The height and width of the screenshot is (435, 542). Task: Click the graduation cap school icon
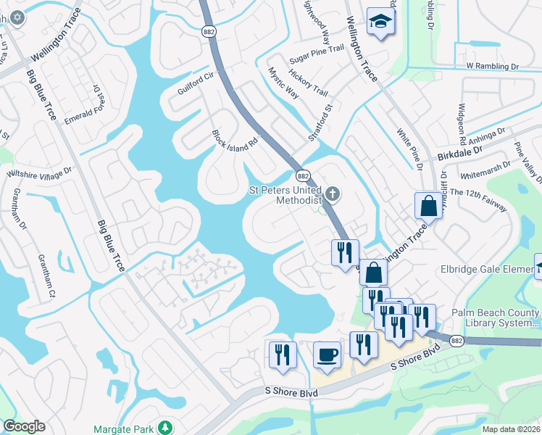point(379,21)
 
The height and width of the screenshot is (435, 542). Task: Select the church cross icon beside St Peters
point(333,194)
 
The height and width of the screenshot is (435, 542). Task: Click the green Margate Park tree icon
point(166,427)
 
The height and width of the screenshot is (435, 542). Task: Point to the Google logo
point(24,426)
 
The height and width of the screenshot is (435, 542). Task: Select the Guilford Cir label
point(196,84)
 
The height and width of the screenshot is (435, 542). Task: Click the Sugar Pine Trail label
point(316,49)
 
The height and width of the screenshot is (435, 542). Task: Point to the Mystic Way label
point(283,83)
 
